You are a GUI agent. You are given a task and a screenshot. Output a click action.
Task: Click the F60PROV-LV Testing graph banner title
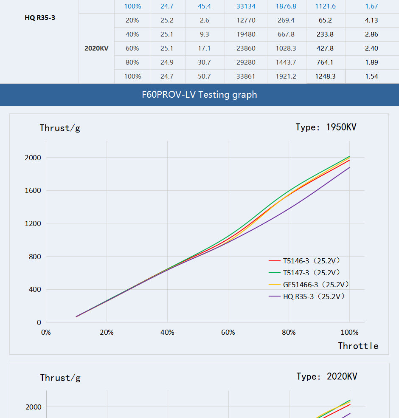point(199,94)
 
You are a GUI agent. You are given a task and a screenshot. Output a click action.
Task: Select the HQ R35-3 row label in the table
point(40,18)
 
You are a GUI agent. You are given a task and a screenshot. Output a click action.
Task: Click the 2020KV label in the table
point(96,48)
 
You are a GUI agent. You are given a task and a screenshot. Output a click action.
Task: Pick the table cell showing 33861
point(246,76)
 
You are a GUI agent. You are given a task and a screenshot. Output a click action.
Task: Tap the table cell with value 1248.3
point(325,76)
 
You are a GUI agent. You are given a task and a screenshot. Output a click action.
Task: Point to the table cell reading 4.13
point(371,20)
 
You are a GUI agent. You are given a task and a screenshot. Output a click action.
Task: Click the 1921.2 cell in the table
point(286,76)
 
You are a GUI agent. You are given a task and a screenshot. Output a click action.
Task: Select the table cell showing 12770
point(246,20)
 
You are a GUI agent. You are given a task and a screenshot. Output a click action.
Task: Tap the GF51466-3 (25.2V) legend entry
point(316,285)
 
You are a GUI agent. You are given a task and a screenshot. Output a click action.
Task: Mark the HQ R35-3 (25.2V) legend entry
point(314,297)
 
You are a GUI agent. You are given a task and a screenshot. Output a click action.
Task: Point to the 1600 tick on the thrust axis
point(33,190)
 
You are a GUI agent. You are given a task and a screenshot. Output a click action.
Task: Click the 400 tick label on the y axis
point(34,289)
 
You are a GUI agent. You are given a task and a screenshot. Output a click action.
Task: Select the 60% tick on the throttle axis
point(228,332)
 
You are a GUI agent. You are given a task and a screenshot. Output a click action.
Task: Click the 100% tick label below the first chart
point(349,332)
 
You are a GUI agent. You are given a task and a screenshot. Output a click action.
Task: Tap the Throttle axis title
point(358,346)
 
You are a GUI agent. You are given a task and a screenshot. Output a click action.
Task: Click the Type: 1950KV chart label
point(326,127)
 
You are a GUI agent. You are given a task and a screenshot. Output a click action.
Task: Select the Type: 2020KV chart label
point(327,376)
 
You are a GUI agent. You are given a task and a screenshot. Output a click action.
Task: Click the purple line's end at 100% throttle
point(349,168)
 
